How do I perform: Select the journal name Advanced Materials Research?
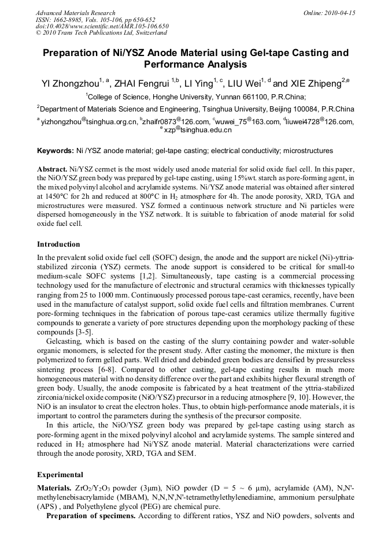[76, 13]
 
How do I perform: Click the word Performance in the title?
[173, 65]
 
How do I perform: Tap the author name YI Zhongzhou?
[71, 84]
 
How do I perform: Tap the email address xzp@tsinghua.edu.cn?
[198, 130]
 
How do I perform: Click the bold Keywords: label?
[56, 151]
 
